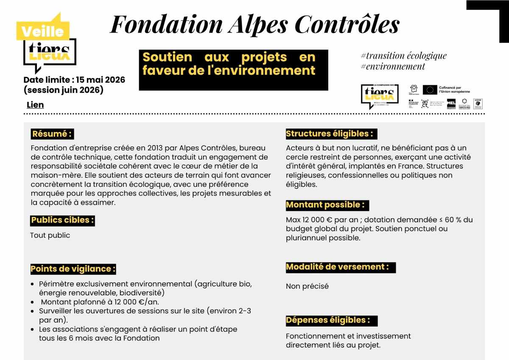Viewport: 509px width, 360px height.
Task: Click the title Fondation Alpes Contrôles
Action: coord(255,24)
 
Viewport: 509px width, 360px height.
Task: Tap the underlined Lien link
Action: coord(35,105)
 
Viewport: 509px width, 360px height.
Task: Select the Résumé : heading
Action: coord(52,134)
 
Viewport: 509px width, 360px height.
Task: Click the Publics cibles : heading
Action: coord(62,220)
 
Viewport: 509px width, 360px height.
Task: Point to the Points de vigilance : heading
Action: coord(73,269)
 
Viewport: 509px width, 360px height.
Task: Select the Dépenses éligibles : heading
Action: coord(331,320)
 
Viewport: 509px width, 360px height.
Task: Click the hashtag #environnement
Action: coord(392,66)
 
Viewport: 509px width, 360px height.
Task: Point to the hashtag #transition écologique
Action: coord(403,56)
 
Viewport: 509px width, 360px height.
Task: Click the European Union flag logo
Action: coord(430,90)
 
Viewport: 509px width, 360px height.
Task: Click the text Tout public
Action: coord(50,235)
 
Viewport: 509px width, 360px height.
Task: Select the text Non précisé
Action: coord(307,286)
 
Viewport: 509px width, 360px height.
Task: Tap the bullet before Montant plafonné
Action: coord(33,302)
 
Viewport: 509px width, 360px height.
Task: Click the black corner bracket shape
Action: coord(492,17)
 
